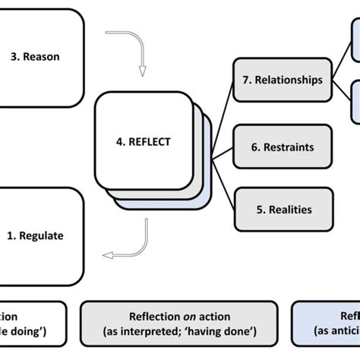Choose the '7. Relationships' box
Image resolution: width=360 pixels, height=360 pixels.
pyautogui.click(x=283, y=80)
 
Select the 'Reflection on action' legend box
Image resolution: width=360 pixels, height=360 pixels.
pyautogui.click(x=180, y=324)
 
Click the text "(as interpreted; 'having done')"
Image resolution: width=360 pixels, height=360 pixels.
pyautogui.click(x=180, y=332)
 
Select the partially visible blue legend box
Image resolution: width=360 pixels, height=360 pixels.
pyautogui.click(x=327, y=324)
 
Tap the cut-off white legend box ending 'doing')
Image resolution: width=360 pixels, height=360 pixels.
pyautogui.click(x=30, y=324)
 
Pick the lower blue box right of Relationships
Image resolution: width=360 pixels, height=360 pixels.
pyautogui.click(x=355, y=103)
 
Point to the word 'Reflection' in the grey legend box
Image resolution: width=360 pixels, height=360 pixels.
pyautogui.click(x=153, y=317)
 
